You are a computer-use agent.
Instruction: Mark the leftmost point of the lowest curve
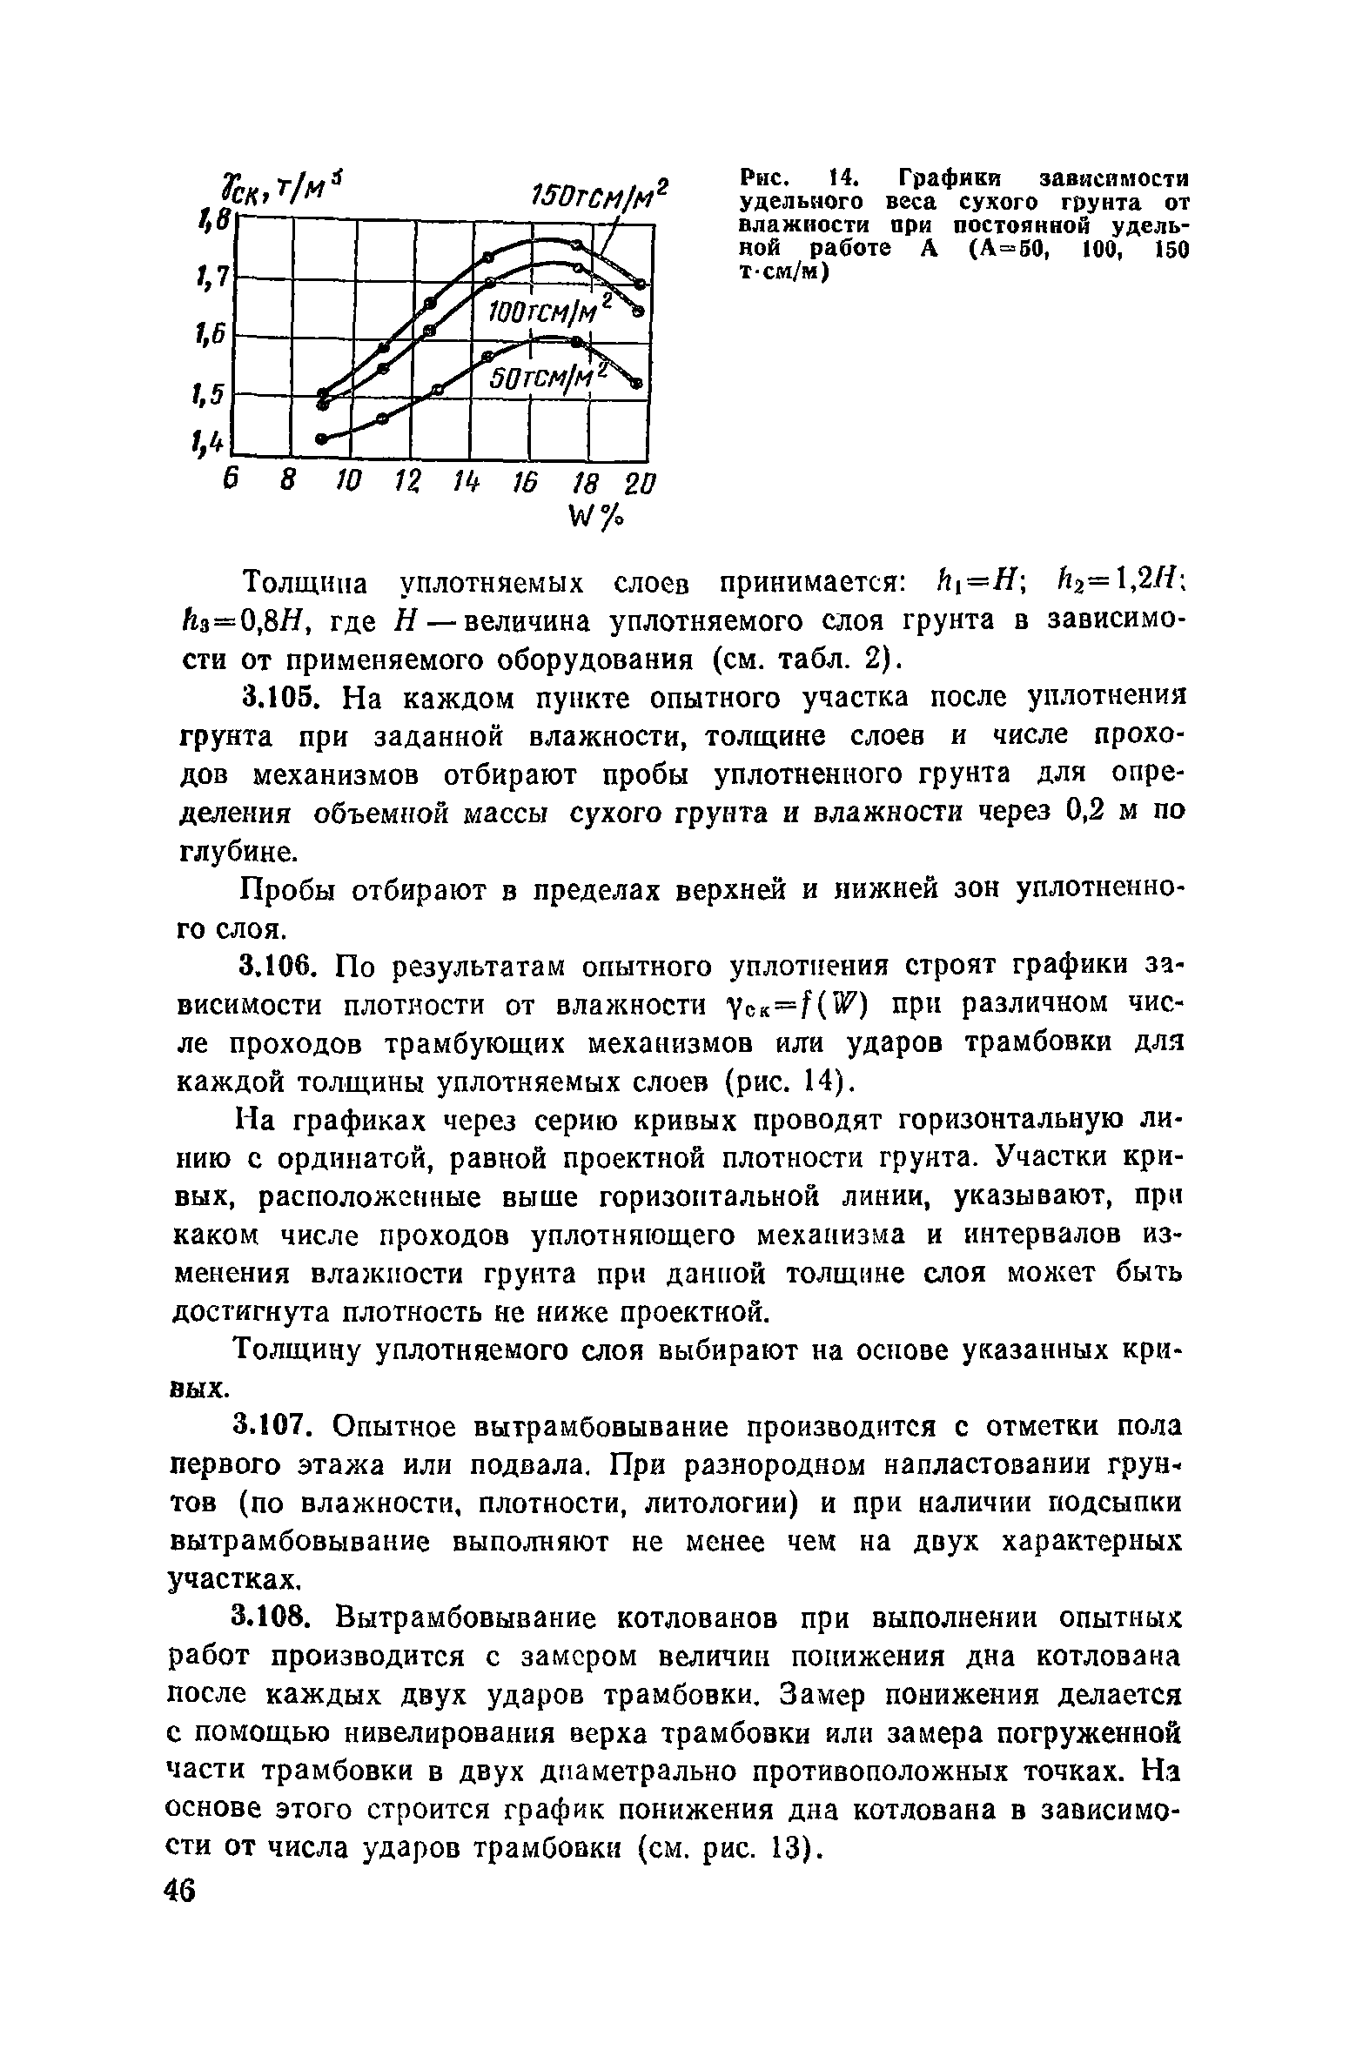(321, 439)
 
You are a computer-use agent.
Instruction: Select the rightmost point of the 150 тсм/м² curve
(641, 284)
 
